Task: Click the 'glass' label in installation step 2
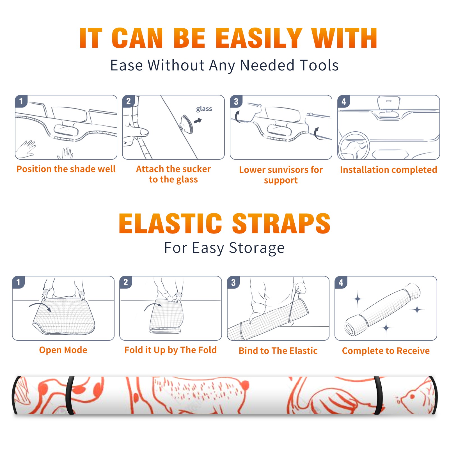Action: [x=204, y=109]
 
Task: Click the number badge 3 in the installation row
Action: [x=236, y=101]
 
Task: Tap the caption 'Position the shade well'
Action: [x=66, y=169]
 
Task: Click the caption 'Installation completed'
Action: [x=388, y=170]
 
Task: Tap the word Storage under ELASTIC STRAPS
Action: [x=257, y=248]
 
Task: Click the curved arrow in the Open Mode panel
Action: [x=40, y=306]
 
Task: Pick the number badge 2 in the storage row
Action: [x=125, y=282]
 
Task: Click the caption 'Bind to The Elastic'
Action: [x=278, y=351]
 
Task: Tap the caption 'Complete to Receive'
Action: [x=386, y=351]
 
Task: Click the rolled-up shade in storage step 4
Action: [x=382, y=309]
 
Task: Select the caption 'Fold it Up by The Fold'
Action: [x=170, y=350]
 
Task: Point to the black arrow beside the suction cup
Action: [x=198, y=121]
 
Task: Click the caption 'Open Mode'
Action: [x=63, y=350]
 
